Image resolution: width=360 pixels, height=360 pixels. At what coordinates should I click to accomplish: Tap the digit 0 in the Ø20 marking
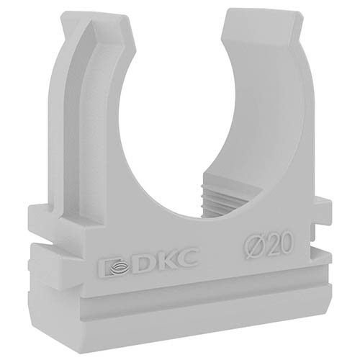click(286, 243)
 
